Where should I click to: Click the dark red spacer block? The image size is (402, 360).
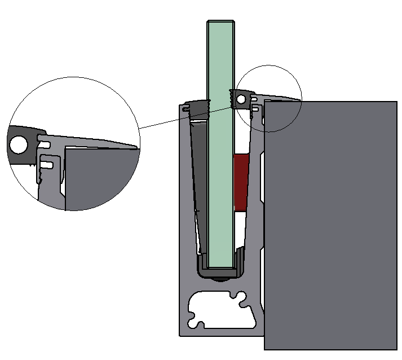[241, 182]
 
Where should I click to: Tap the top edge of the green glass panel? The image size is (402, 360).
[222, 22]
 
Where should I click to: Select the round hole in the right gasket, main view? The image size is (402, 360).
[241, 99]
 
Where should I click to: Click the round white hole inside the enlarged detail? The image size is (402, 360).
[19, 145]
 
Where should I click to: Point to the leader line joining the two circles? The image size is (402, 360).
[186, 117]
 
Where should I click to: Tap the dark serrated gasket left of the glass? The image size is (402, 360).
[197, 108]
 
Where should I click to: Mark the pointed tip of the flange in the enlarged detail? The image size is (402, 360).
[136, 148]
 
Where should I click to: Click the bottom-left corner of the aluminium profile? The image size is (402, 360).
[180, 335]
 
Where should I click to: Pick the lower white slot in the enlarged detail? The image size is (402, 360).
[48, 165]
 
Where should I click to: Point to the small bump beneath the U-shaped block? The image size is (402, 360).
[222, 279]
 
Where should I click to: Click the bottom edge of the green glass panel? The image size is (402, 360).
[222, 267]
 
